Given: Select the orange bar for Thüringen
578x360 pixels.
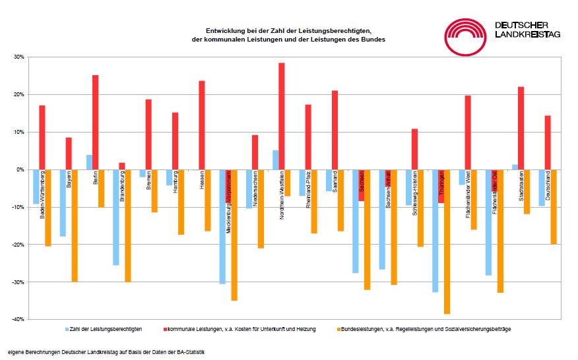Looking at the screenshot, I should click(x=447, y=241).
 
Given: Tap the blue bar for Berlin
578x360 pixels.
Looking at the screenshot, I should click(x=89, y=162).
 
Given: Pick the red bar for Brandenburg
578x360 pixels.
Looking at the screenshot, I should click(x=122, y=166).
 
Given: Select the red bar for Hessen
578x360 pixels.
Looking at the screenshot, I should click(x=202, y=125).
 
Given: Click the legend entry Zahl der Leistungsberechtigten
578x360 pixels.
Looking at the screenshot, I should click(x=106, y=328).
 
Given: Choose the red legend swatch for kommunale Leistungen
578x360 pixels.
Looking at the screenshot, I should click(x=164, y=328).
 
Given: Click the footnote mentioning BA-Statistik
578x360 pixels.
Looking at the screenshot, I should click(x=106, y=351).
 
